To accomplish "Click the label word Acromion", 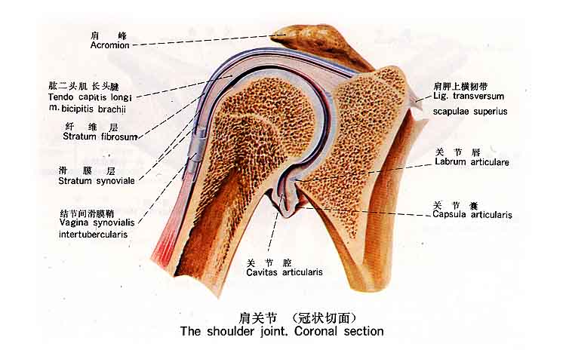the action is (x=109, y=45).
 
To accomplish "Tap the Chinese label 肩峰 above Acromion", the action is (x=109, y=35).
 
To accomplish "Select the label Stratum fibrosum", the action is (x=100, y=137).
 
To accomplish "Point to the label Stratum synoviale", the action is (x=97, y=181).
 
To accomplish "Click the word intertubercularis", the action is (x=93, y=235).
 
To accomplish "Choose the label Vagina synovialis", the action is (x=97, y=222).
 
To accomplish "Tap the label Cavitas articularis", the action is (x=285, y=272).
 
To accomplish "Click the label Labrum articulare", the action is (x=472, y=162).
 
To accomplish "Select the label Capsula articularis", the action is (x=472, y=214).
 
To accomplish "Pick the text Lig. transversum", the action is (x=469, y=96).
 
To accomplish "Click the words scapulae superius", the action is (x=470, y=112).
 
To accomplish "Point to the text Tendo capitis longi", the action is (x=90, y=97).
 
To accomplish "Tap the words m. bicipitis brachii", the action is (x=87, y=109).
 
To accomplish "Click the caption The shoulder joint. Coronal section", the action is (x=282, y=331).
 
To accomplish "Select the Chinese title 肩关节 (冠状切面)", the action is (x=297, y=318).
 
